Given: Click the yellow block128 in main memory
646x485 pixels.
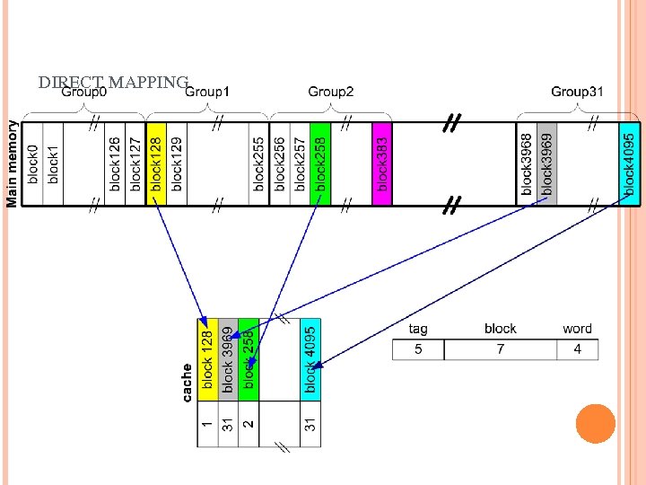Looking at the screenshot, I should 155,164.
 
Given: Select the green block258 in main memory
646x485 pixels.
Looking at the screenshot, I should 320,164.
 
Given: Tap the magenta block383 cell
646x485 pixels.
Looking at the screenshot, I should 382,164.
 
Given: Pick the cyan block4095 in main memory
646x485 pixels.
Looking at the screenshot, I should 630,164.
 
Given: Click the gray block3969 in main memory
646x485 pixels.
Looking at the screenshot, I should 546,164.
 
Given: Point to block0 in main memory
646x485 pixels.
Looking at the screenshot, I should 33,164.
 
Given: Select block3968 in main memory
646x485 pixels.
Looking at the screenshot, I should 527,164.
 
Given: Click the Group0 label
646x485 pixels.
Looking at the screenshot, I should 83,92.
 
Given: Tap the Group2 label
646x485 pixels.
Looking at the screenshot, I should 331,92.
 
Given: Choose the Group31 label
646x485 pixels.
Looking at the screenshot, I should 578,92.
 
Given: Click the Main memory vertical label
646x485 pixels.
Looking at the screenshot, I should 13,164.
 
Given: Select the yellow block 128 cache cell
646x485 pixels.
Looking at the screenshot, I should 208,359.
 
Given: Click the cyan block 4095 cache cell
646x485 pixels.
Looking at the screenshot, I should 310,359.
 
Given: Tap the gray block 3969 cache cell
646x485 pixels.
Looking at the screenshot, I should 228,359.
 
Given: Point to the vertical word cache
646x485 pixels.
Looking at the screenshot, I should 187,382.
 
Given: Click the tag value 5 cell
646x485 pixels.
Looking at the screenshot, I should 418,349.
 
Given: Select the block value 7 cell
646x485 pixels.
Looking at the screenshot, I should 500,349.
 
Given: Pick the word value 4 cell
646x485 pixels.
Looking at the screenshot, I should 577,349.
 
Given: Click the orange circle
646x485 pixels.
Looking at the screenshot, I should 595,423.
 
